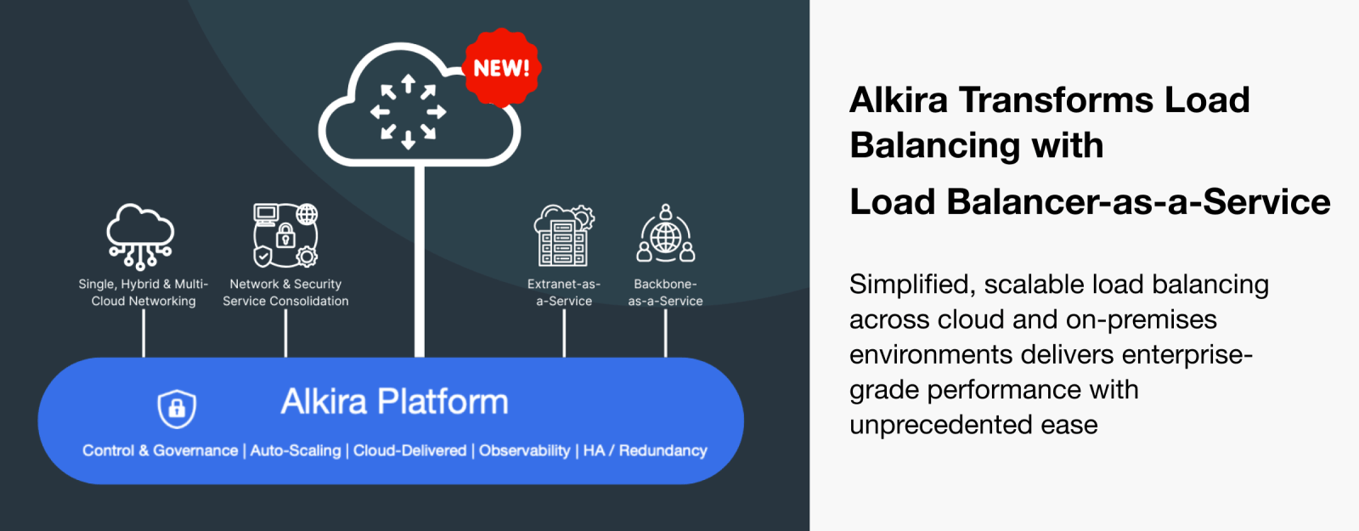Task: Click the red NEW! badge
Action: (502, 67)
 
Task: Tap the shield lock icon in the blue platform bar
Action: (177, 409)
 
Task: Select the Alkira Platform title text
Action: (394, 402)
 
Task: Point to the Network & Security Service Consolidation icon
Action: (285, 235)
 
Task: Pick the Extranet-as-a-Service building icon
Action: (564, 235)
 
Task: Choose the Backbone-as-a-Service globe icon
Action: (666, 234)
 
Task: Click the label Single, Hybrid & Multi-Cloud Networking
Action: (144, 292)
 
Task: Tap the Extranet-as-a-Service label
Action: (564, 292)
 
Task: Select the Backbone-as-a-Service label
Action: (666, 292)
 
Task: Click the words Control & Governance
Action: (161, 451)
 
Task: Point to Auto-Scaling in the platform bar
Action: (296, 451)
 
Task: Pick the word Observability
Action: (525, 451)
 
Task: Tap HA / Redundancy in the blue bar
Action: (646, 451)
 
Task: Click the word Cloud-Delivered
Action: (410, 451)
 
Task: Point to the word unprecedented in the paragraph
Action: (939, 425)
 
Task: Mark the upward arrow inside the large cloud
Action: (409, 82)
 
